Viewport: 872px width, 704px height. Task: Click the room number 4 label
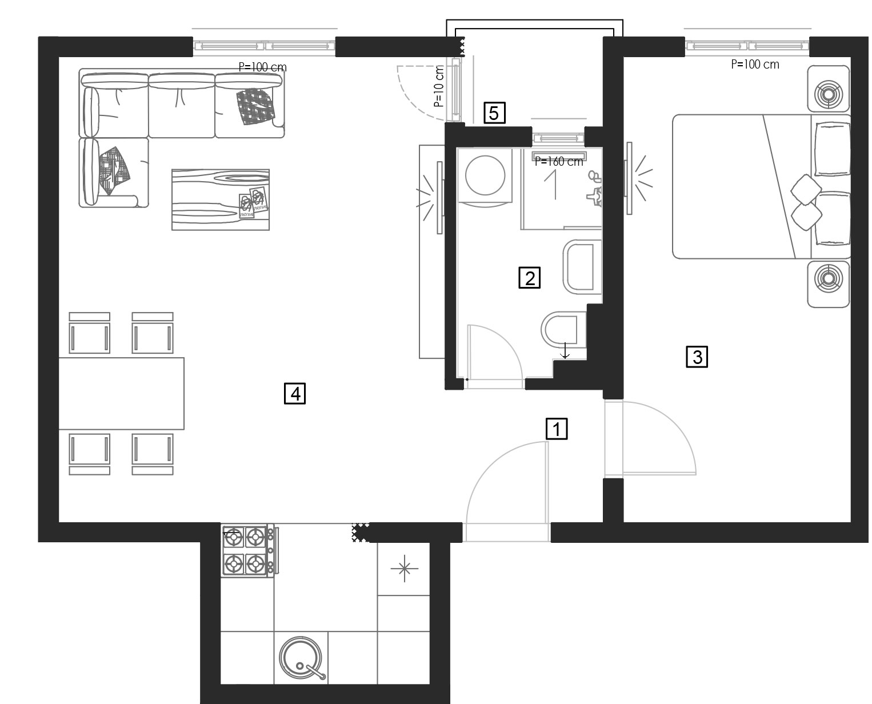[x=295, y=393]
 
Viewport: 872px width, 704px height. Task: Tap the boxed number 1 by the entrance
[x=557, y=429]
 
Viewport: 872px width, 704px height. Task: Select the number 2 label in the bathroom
[x=529, y=278]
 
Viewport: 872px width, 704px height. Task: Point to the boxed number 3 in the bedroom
[x=697, y=357]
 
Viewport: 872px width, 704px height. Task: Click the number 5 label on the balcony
[x=494, y=113]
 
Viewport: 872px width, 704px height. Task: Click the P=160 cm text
[x=559, y=162]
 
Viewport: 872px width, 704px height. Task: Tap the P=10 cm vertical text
[x=438, y=86]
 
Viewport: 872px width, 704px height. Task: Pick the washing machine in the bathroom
[x=485, y=177]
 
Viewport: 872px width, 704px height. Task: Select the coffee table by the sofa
[x=220, y=200]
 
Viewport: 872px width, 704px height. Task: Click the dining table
[x=122, y=393]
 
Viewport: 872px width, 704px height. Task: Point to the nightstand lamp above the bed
[x=828, y=89]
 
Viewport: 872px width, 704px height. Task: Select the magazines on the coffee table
[x=254, y=202]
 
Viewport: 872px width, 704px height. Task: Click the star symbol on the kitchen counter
[x=404, y=569]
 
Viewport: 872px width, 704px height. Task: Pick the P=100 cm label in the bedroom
[x=755, y=64]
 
